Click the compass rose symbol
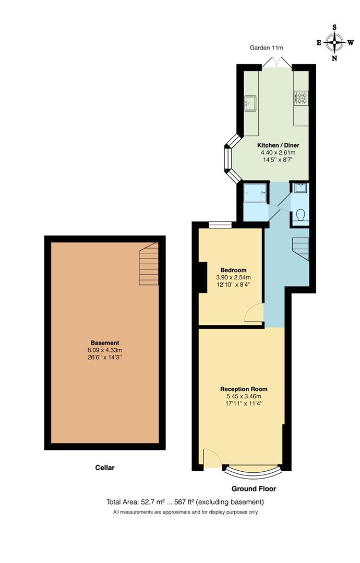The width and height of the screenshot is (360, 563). pyautogui.click(x=334, y=42)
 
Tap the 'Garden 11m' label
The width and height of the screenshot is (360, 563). pyautogui.click(x=266, y=48)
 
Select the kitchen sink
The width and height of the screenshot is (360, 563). pyautogui.click(x=251, y=102)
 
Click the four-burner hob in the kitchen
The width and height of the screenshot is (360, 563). pyautogui.click(x=302, y=96)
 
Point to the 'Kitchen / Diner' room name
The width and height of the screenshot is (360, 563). pyautogui.click(x=278, y=145)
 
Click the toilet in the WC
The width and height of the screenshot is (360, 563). pyautogui.click(x=301, y=215)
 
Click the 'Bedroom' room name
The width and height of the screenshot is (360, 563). pyautogui.click(x=233, y=270)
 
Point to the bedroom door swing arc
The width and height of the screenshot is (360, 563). pyautogui.click(x=254, y=313)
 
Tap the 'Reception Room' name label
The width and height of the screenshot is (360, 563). pyautogui.click(x=244, y=389)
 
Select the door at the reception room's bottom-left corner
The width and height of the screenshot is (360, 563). pyautogui.click(x=211, y=458)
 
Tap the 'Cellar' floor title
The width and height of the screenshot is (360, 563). pyautogui.click(x=104, y=468)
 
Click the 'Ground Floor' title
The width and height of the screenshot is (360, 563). pyautogui.click(x=254, y=489)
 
